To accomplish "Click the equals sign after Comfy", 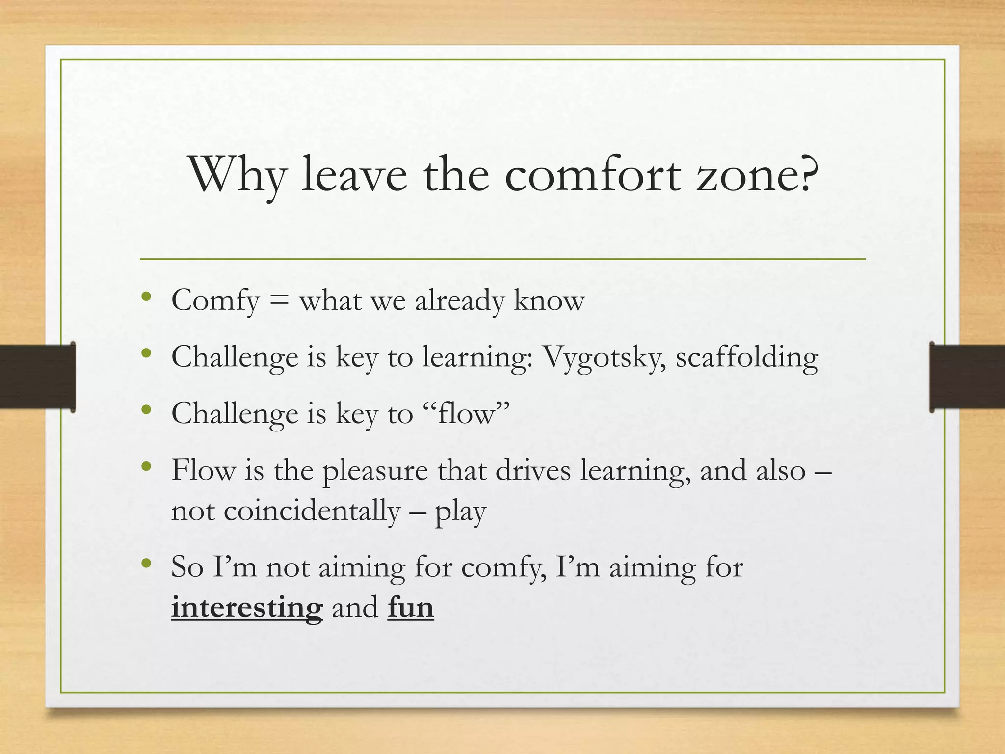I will (279, 300).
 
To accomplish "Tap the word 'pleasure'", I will (375, 471).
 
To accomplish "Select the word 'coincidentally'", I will (312, 511).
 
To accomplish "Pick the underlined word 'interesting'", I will (247, 607).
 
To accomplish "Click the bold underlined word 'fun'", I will (411, 607).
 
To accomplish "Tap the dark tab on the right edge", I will (967, 377).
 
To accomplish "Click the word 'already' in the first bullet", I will (459, 300).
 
